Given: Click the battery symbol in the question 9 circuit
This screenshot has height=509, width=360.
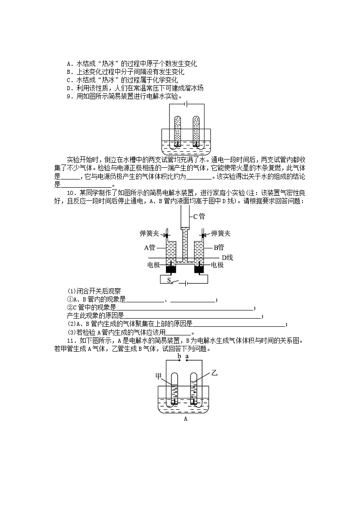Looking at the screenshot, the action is tap(186, 104).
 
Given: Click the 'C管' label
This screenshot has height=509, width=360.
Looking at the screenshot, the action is tap(198, 217).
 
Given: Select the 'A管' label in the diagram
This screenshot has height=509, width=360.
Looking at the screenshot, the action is tap(150, 247).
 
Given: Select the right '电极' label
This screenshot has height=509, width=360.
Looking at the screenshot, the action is tap(218, 265).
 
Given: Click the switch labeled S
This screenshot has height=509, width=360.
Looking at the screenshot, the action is tap(172, 281).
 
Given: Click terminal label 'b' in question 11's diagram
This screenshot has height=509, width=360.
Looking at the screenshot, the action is tap(180, 357).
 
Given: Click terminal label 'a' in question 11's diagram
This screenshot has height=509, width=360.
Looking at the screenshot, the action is tap(186, 357).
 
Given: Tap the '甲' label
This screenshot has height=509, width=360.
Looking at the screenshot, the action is tap(159, 376).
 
